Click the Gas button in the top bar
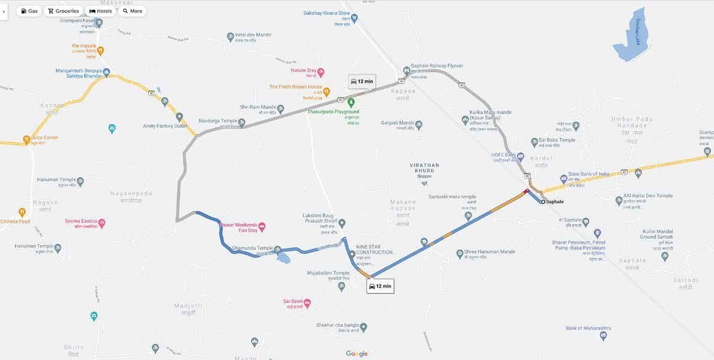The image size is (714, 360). (30, 11)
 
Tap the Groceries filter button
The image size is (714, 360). (63, 11)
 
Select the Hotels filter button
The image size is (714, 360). (100, 11)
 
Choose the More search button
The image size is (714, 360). (132, 11)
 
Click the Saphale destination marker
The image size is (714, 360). (542, 201)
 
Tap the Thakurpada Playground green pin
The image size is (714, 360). (351, 102)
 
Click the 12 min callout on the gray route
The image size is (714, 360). (362, 81)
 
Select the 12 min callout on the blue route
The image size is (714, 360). (379, 286)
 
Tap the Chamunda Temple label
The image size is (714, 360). (252, 248)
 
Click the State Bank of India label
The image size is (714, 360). (588, 174)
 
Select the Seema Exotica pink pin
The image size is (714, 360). (102, 223)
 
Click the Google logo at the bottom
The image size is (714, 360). (357, 353)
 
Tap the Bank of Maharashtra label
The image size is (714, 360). (588, 328)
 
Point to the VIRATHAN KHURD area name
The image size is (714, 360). (424, 168)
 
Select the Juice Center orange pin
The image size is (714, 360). (26, 139)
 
